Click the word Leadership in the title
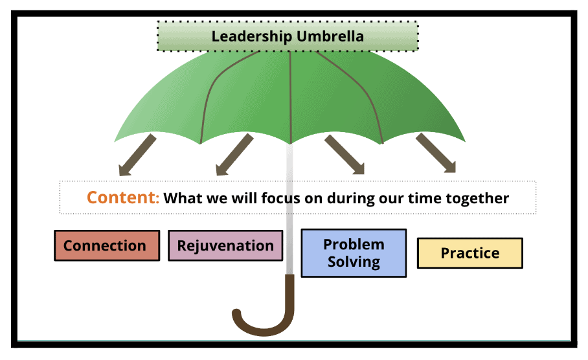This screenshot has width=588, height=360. pyautogui.click(x=252, y=37)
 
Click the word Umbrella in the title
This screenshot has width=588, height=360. pyautogui.click(x=330, y=36)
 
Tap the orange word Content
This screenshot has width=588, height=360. pyautogui.click(x=123, y=197)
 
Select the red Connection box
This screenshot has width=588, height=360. pyautogui.click(x=107, y=245)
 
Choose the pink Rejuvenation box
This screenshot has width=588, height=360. pyautogui.click(x=225, y=245)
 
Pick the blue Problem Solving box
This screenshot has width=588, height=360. pyautogui.click(x=354, y=253)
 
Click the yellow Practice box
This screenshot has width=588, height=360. pyautogui.click(x=470, y=253)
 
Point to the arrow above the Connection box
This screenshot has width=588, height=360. pyautogui.click(x=137, y=155)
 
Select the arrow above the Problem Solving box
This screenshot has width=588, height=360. pyautogui.click(x=345, y=154)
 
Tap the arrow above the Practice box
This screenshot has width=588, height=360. pyautogui.click(x=436, y=153)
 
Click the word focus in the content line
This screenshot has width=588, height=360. pyautogui.click(x=280, y=198)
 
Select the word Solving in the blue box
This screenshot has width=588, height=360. pyautogui.click(x=354, y=262)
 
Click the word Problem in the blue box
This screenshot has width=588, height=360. pyautogui.click(x=354, y=245)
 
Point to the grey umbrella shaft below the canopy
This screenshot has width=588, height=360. pyautogui.click(x=289, y=208)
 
